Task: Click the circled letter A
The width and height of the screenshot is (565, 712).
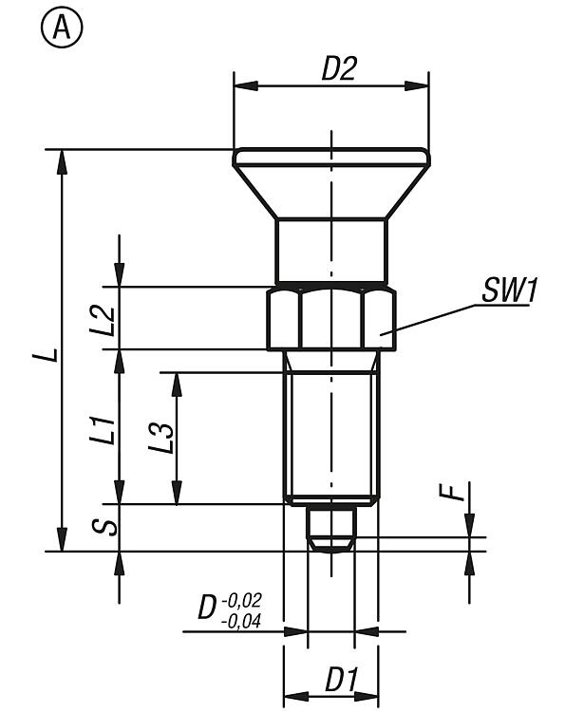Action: coord(62,28)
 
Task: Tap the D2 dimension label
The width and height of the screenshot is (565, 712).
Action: coord(339,68)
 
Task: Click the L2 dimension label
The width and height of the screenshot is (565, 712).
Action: coord(103,320)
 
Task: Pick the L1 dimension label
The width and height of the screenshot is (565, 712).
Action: coord(103,429)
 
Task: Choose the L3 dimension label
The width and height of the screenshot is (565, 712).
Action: coord(161,438)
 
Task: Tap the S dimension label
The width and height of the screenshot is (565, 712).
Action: coord(104,527)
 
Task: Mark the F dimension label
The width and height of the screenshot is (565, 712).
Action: coord(452,492)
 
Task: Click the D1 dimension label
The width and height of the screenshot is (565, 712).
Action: coord(342,680)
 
